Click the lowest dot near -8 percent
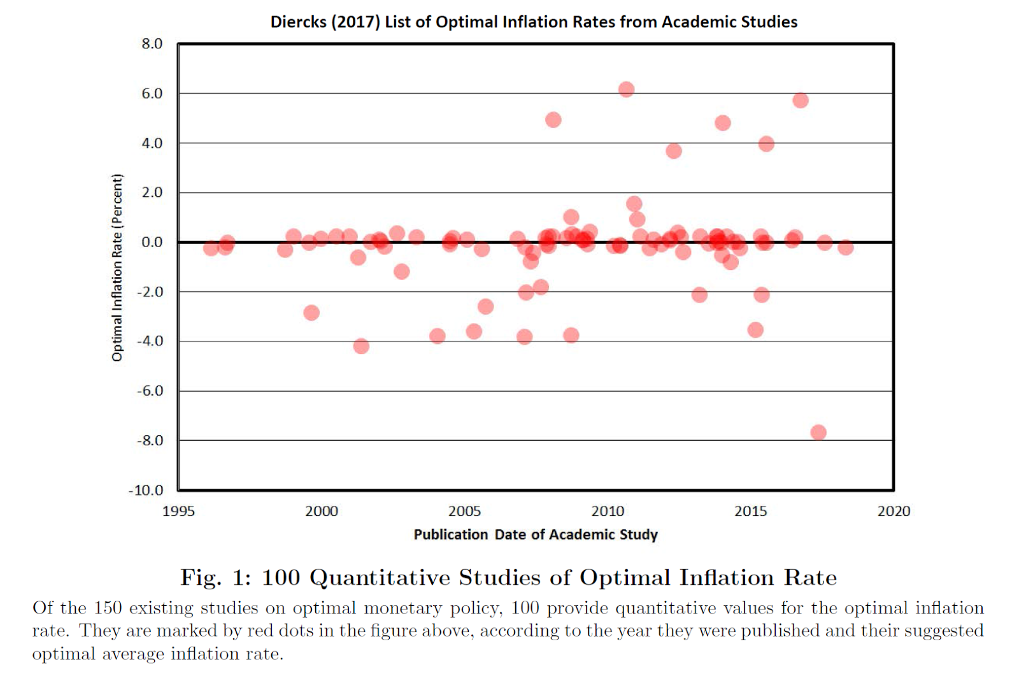tap(818, 433)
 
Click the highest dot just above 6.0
tap(626, 89)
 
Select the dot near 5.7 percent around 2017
tap(801, 101)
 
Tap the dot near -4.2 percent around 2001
tap(361, 346)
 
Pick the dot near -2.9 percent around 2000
tap(311, 313)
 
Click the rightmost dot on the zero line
tap(845, 247)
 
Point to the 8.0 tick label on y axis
tap(152, 44)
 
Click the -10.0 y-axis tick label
tap(146, 490)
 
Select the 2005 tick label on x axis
tap(464, 511)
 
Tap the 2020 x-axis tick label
tap(894, 511)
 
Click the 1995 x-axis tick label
tap(178, 511)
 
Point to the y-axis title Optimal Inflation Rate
tap(117, 268)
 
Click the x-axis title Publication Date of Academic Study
tap(535, 534)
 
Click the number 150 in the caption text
tap(108, 608)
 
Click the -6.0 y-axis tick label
tap(150, 391)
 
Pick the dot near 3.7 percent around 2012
tap(674, 151)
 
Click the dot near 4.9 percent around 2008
tap(553, 120)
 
